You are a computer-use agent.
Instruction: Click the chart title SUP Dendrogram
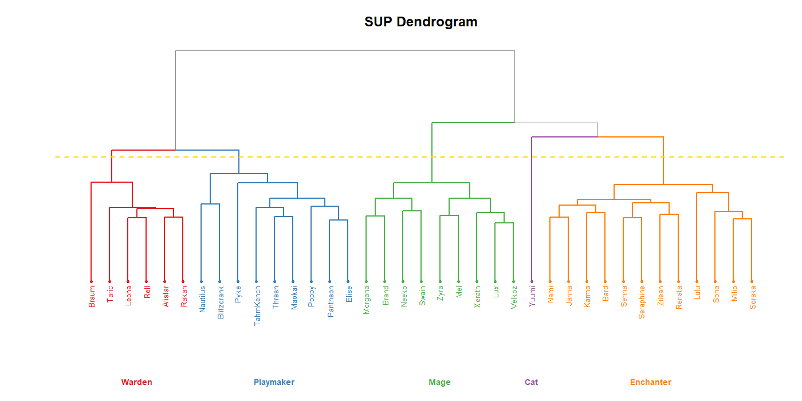coord(420,22)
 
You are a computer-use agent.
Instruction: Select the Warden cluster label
coord(136,382)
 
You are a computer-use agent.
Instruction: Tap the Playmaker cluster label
coord(274,382)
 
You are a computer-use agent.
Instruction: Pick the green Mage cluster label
coord(439,382)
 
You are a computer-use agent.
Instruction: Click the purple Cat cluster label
coord(531,382)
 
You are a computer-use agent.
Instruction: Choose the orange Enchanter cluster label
coord(650,382)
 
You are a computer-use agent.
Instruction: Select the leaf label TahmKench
coord(257,306)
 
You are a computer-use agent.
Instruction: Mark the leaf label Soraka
coord(753,298)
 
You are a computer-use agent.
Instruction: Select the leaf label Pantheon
coord(331,301)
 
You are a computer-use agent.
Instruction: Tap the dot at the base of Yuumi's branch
coord(532,281)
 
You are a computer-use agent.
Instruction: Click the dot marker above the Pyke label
coord(238,281)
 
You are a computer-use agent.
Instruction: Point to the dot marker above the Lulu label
coord(697,281)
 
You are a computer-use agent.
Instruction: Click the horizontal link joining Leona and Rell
coord(137,218)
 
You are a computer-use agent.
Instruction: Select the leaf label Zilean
coord(661,297)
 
